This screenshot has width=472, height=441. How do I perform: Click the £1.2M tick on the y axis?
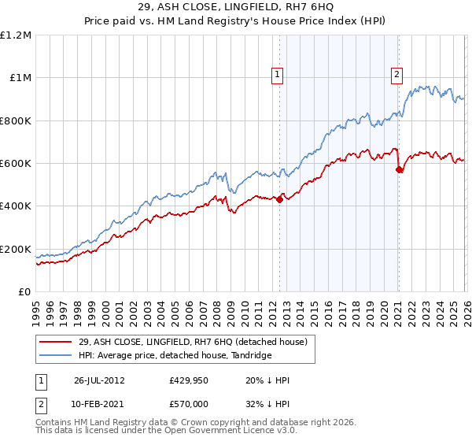point(16,35)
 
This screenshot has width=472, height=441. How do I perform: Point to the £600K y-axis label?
point(16,164)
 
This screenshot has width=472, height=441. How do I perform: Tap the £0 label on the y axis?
point(25,292)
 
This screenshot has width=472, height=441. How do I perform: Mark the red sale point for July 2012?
point(280,200)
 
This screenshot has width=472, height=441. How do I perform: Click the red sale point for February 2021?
point(399,169)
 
